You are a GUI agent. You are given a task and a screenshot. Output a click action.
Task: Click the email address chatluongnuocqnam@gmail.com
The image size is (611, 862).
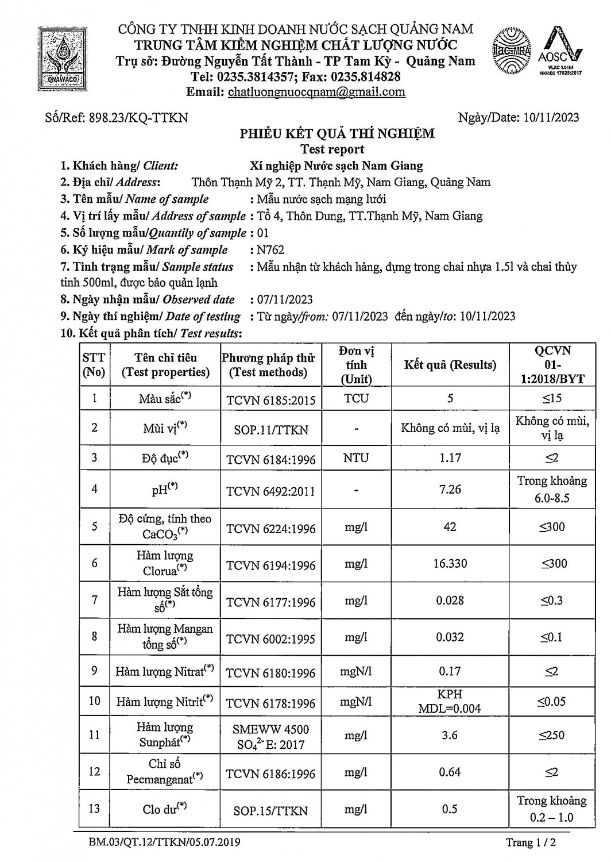(x=316, y=92)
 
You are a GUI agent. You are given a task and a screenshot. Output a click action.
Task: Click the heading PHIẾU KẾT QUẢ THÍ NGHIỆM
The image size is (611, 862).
(x=337, y=134)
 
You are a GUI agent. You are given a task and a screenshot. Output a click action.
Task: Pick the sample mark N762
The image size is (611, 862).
(x=270, y=250)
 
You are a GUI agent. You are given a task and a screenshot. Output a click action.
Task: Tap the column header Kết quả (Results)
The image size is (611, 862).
(x=450, y=365)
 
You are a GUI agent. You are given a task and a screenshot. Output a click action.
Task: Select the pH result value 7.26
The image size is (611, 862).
(x=450, y=489)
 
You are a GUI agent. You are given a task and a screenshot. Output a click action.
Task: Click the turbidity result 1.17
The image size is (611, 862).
(x=450, y=458)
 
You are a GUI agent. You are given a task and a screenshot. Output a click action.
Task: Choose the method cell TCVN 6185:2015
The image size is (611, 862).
(x=270, y=400)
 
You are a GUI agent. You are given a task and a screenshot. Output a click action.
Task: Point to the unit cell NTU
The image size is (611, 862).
(x=356, y=458)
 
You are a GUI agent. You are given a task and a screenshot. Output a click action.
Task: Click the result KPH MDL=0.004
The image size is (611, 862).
(x=450, y=701)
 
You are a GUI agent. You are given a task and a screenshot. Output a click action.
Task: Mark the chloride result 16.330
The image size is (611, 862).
(x=450, y=564)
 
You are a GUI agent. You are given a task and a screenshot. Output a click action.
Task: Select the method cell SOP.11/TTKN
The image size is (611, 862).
(x=270, y=429)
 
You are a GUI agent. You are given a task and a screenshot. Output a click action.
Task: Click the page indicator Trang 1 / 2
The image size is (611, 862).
(x=531, y=842)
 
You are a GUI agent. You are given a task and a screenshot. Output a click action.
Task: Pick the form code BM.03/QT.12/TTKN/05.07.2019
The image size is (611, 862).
(x=165, y=842)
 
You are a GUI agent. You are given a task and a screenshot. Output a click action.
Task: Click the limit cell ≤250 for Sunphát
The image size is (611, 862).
(x=551, y=735)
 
